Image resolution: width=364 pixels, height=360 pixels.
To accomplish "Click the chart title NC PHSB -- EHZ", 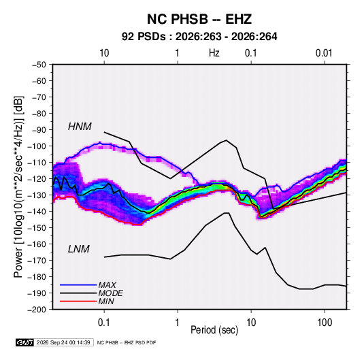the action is pos(199,19).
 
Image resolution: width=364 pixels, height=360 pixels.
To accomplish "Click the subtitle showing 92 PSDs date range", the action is pos(199,37).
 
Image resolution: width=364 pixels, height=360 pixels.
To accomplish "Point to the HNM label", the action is pos(80,127).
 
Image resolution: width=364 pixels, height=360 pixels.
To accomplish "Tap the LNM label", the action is pos(79,249).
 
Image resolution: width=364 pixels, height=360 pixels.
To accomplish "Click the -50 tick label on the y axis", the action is pos(39,65).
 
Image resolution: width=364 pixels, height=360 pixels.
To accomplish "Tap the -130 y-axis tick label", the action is pos(37,195).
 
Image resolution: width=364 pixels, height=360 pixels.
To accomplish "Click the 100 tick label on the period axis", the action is pos(325,322).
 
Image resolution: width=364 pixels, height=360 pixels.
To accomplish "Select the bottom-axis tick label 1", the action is pos(177,322).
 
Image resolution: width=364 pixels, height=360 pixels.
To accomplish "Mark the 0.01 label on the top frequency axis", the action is pos(324,53).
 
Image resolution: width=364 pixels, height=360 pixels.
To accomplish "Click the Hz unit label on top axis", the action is pos(214,53).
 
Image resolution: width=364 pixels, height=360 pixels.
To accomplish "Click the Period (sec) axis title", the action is pos(214,330).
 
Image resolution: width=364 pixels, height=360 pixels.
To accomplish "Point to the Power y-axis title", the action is pos(18,187).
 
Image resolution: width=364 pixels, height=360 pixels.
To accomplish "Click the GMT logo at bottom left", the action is pos(24,342).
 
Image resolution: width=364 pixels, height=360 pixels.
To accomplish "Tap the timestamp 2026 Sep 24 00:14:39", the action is pos(63,342).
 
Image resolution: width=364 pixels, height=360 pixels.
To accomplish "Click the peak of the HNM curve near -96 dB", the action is pos(226,140).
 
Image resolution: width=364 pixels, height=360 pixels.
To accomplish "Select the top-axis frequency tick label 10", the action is pos(104,53).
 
